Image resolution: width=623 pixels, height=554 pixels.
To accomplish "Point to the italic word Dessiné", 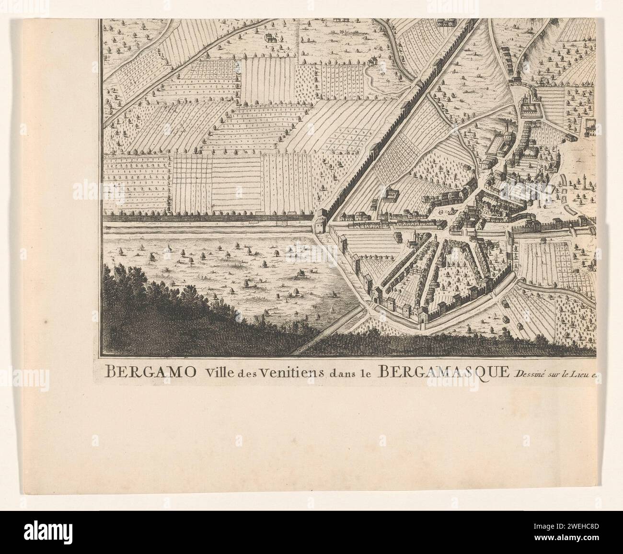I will (x=530, y=374).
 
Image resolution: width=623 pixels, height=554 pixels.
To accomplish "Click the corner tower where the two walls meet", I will (x=319, y=223).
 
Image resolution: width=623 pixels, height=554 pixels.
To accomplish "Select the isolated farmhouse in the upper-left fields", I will (x=271, y=37).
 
